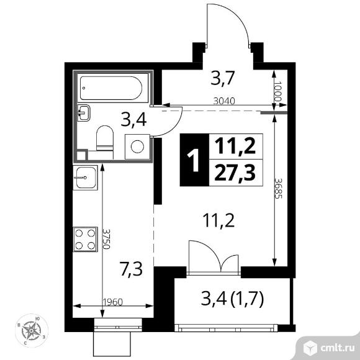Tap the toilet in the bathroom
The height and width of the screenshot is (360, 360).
[105, 138]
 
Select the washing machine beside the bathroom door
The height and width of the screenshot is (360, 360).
[137, 146]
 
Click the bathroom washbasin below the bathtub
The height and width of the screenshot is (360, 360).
[84, 113]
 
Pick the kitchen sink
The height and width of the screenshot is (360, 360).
[86, 178]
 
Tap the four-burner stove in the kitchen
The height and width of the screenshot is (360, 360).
[86, 239]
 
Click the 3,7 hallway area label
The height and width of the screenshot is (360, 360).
[222, 78]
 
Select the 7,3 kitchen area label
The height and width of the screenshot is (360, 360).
[132, 269]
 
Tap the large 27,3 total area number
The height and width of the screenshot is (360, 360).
[235, 173]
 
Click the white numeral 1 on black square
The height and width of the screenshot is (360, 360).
[194, 160]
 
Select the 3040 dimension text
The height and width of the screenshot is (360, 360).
[224, 101]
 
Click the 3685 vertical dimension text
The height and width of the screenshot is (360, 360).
[278, 189]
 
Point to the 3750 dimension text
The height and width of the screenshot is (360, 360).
[106, 239]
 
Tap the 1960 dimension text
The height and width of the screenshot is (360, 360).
[113, 302]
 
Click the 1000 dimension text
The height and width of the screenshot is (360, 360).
[277, 92]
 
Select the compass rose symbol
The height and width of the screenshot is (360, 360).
[31, 331]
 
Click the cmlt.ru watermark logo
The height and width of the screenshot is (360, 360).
[328, 348]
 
